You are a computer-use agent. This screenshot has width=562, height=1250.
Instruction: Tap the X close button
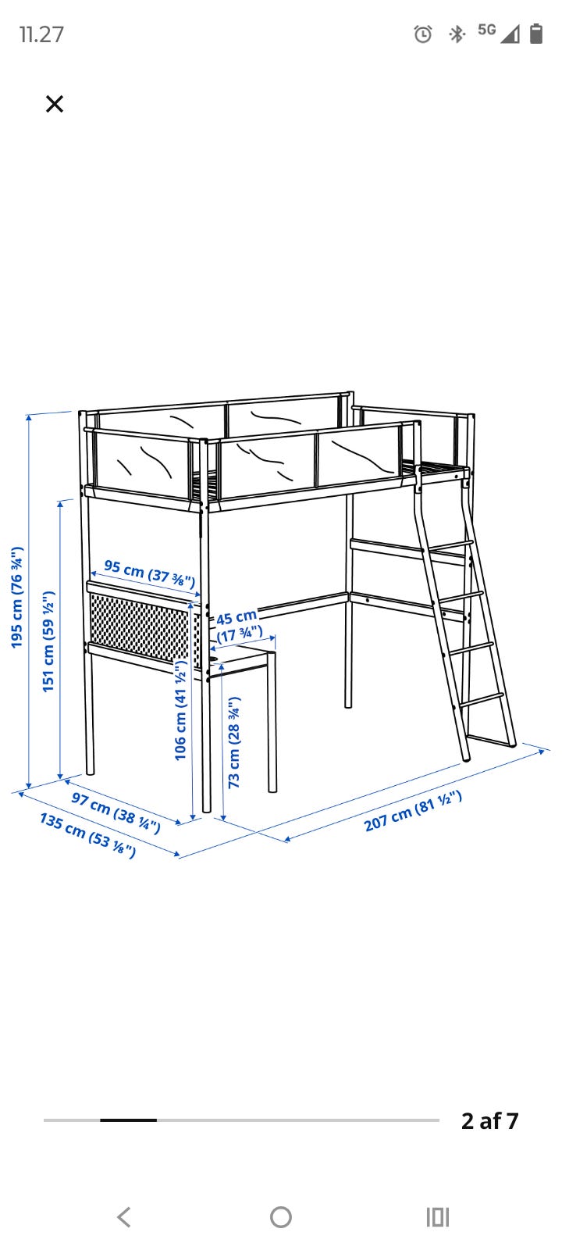point(55,104)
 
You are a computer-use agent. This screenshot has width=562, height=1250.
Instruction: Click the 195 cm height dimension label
point(17,597)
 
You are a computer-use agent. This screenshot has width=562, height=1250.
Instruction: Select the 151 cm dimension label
point(49,641)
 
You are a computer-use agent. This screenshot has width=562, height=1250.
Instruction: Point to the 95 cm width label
point(149,573)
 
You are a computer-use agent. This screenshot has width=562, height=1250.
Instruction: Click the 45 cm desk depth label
point(239,625)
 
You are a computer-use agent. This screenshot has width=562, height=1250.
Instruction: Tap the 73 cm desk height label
point(234,742)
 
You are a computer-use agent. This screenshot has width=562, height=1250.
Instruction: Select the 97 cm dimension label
point(116,812)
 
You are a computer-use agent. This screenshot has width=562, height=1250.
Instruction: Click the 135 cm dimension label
point(87,835)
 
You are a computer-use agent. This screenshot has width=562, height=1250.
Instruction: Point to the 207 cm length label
point(413,811)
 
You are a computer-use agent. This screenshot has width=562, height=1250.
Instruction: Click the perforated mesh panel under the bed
point(144,627)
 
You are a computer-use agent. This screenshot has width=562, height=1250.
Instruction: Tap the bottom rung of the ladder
point(482,700)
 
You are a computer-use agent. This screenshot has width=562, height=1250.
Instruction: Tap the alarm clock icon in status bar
point(423,34)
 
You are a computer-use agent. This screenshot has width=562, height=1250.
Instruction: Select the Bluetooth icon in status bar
point(457,34)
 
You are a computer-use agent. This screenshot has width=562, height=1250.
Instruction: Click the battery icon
point(536,33)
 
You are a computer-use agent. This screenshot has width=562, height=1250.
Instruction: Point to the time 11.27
point(42,34)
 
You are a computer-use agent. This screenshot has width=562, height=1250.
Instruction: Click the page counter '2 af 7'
point(490,1120)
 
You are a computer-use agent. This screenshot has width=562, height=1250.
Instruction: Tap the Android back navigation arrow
point(124,1217)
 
